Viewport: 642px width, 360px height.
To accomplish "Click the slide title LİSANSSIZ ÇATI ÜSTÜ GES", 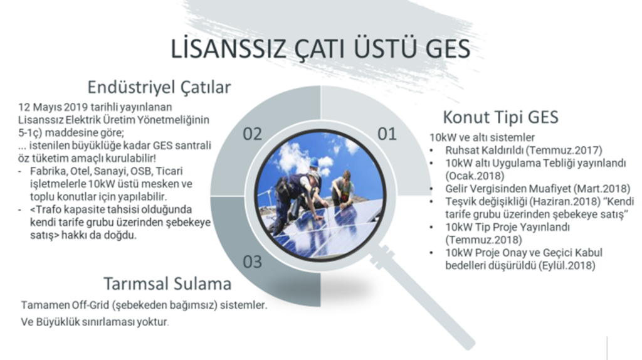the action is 320,48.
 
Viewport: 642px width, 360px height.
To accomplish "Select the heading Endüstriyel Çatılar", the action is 159,87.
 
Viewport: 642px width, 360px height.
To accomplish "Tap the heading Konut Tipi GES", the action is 500,117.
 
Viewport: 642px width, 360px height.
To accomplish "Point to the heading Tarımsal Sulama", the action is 167,283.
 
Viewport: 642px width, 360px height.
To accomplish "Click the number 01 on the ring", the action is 387,134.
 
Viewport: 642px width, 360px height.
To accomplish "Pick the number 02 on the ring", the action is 252,134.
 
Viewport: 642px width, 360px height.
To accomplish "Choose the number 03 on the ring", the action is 252,262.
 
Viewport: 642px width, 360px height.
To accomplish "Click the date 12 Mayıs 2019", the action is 53,107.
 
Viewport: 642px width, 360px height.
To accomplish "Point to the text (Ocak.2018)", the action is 475,176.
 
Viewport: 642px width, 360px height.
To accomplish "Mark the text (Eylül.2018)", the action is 567,265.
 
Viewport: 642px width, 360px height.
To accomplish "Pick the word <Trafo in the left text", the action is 46,209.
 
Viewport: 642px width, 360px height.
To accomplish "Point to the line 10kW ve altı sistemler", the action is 482,137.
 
